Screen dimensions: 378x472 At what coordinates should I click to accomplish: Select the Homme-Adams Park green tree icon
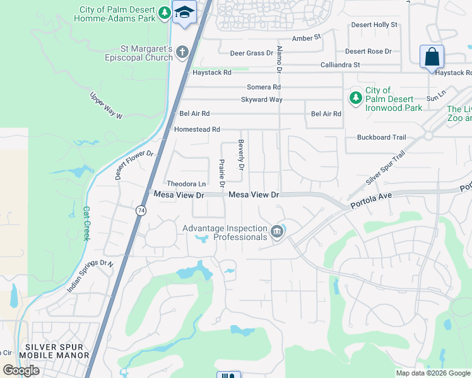point(164,13)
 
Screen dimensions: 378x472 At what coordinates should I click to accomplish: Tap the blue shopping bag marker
point(432,57)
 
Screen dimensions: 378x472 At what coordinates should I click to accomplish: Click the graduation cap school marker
point(185,13)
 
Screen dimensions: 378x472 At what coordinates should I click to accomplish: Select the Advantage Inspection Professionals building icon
point(277,232)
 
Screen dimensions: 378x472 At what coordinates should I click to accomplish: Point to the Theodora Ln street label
point(186,184)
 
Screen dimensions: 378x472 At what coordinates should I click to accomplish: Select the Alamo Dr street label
point(279,57)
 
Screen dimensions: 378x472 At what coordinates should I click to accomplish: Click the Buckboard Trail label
point(381,137)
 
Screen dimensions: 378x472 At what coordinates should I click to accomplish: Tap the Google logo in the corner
point(21,370)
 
